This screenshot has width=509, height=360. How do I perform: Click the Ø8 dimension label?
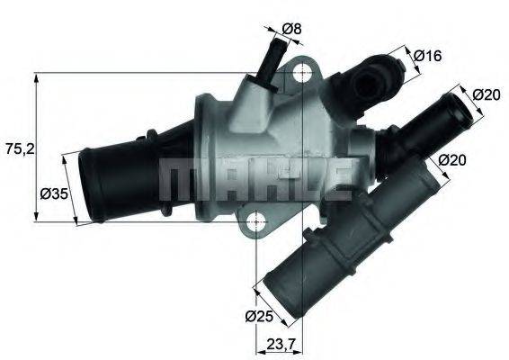point(291,29)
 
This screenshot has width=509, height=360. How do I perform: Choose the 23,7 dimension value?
point(283,343)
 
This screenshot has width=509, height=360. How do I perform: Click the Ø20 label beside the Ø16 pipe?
point(486,94)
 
